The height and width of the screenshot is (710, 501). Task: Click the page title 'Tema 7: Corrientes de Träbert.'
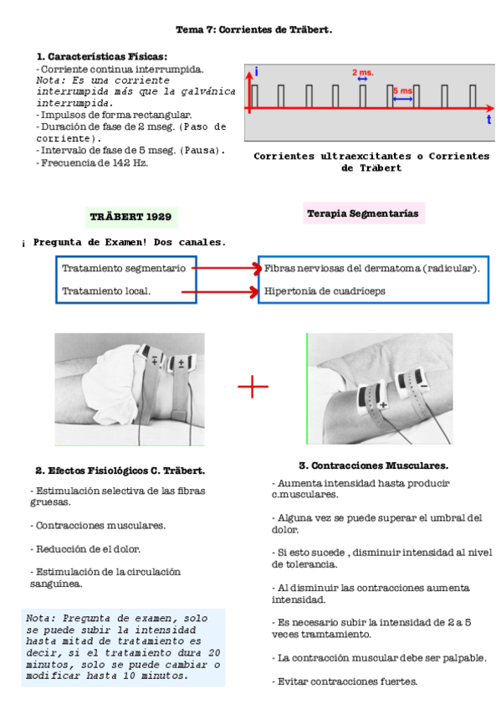point(253,29)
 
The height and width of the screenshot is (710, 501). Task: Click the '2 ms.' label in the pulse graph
point(362,73)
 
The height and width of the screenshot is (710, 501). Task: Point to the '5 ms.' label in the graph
point(403,90)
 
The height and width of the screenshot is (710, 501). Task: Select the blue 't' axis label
point(488,120)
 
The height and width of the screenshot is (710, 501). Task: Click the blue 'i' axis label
point(256,73)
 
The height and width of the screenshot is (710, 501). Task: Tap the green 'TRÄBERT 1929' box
point(131,216)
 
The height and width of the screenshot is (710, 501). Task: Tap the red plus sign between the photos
point(253,386)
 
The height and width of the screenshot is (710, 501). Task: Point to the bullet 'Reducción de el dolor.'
point(86,549)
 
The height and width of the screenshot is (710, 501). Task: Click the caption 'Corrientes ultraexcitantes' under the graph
point(326,156)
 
